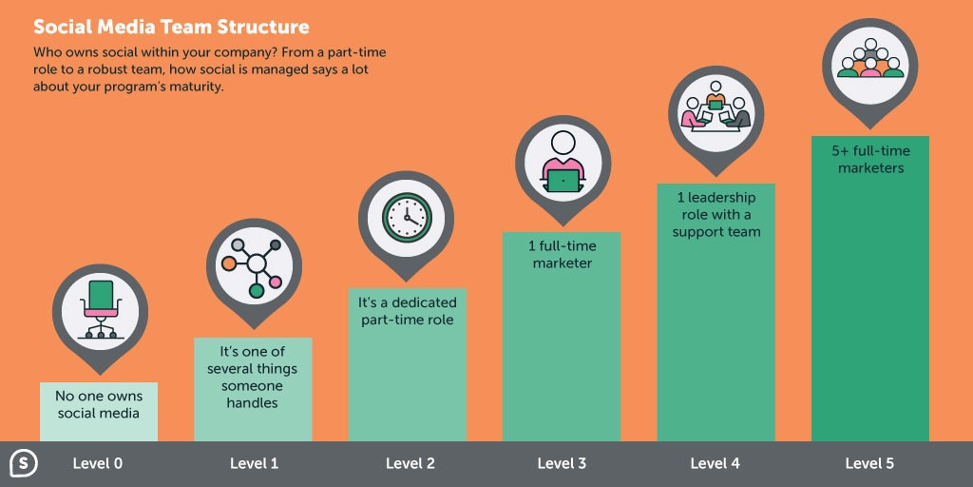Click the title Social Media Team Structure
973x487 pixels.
[x=171, y=28]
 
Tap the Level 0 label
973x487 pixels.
[x=98, y=463]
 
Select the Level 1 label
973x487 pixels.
[x=255, y=463]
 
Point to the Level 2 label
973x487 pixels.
[x=410, y=463]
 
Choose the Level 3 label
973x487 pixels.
[x=562, y=463]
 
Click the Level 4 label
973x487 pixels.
[x=715, y=463]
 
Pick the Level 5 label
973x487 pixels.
[x=870, y=463]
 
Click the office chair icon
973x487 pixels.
[x=101, y=309]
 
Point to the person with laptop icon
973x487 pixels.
[x=563, y=162]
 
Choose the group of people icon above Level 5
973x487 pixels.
[x=870, y=58]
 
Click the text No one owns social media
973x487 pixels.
[x=99, y=404]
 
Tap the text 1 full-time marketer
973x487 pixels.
[x=563, y=254]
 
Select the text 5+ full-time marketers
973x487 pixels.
[x=870, y=160]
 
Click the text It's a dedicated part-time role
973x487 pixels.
[x=407, y=311]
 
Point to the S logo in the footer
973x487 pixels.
[x=24, y=464]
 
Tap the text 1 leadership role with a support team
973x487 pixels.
[x=716, y=215]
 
